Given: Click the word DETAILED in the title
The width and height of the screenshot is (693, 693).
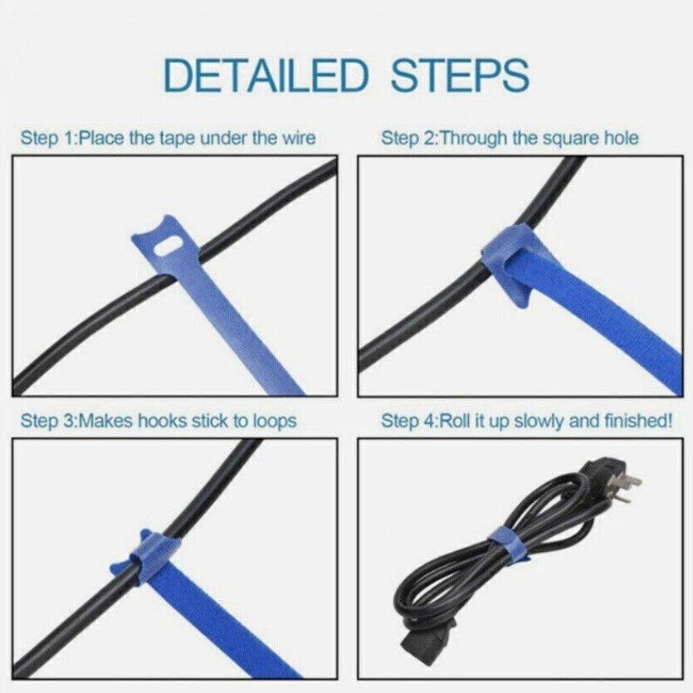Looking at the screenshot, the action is point(266,76).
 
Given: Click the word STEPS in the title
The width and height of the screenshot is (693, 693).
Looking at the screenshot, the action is point(460,76).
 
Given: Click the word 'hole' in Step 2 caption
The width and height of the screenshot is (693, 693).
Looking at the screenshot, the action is point(621,138).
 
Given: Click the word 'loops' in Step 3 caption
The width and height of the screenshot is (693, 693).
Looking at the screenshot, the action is point(274,422).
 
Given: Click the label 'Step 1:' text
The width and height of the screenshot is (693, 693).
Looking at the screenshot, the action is point(48,139).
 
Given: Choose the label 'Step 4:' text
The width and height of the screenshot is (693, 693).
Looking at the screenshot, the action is point(409,422).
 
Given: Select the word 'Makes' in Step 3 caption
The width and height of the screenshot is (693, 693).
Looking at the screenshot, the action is point(107,421).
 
